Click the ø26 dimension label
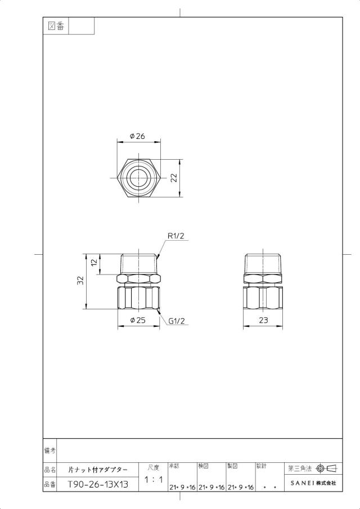click(x=137, y=136)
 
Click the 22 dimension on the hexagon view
click(x=174, y=178)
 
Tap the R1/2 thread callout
click(x=176, y=236)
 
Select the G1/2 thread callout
click(x=177, y=321)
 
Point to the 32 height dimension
click(x=80, y=281)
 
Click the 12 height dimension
click(x=94, y=262)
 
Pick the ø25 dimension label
click(x=138, y=320)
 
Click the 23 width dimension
click(x=264, y=320)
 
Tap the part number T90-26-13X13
click(x=98, y=485)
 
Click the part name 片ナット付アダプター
click(x=98, y=470)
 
